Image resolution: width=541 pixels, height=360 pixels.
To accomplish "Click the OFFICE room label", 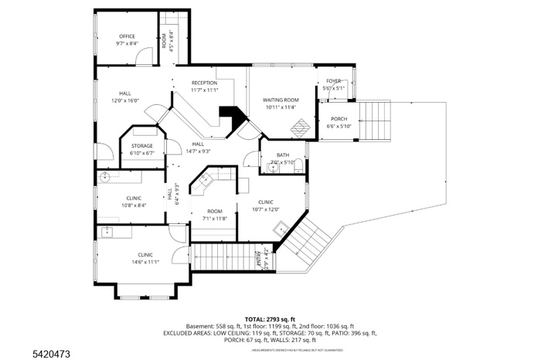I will pyautogui.click(x=127, y=36).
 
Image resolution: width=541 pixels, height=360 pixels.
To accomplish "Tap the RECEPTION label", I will pyautogui.click(x=204, y=83).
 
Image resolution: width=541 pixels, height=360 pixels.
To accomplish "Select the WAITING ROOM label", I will pyautogui.click(x=281, y=100).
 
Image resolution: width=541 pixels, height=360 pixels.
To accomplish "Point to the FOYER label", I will pyautogui.click(x=333, y=81).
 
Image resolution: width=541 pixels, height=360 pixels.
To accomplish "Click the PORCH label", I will pyautogui.click(x=339, y=119).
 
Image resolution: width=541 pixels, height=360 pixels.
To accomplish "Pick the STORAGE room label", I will pyautogui.click(x=141, y=146).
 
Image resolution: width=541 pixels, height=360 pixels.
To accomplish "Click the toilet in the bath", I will pyautogui.click(x=300, y=163).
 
